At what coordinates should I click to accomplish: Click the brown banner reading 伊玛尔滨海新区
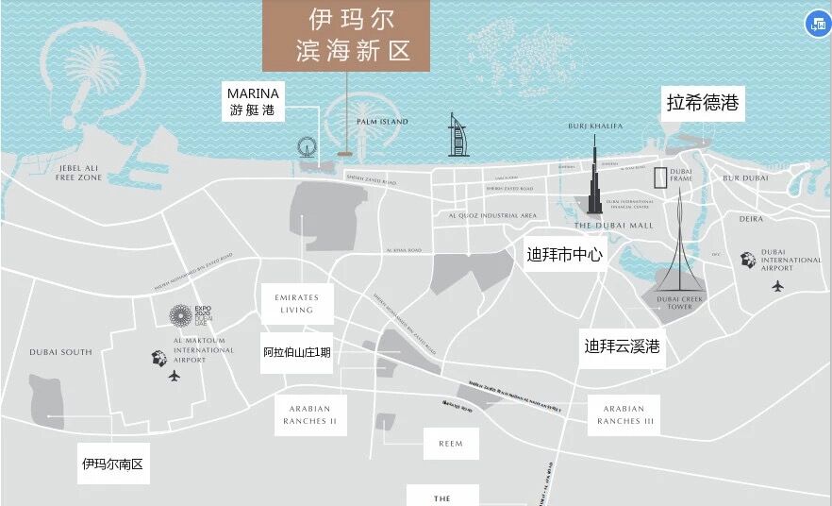click(x=346, y=35)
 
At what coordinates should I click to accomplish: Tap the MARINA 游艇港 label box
click(x=253, y=101)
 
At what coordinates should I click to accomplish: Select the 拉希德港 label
click(x=702, y=103)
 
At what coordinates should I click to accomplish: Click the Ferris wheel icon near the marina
click(x=306, y=148)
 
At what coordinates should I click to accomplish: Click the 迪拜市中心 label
click(x=564, y=254)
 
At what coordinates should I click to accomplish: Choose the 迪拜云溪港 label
click(x=622, y=346)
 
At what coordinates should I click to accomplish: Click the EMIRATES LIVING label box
click(x=296, y=303)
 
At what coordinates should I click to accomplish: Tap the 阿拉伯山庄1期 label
click(x=296, y=353)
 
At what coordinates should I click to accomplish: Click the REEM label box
click(x=451, y=443)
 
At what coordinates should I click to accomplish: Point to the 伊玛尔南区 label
click(x=114, y=464)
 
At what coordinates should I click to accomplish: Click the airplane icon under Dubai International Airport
click(x=777, y=286)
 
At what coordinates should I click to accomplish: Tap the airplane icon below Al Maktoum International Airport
click(x=174, y=376)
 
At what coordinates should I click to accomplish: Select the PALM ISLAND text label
click(x=382, y=122)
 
